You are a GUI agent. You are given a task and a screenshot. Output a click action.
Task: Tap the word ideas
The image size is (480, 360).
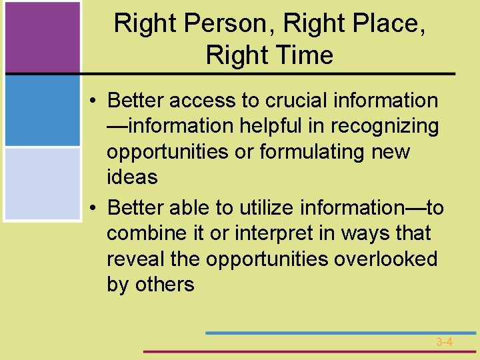coord(132,177)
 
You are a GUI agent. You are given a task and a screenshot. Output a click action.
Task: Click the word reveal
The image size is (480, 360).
coord(135,259)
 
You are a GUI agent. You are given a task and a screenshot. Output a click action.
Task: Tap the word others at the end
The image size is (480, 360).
coord(164,285)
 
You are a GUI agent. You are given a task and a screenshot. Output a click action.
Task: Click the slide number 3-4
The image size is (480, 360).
coord(444,342)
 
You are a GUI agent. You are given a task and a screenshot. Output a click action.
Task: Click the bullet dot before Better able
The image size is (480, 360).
coord(95,209)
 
